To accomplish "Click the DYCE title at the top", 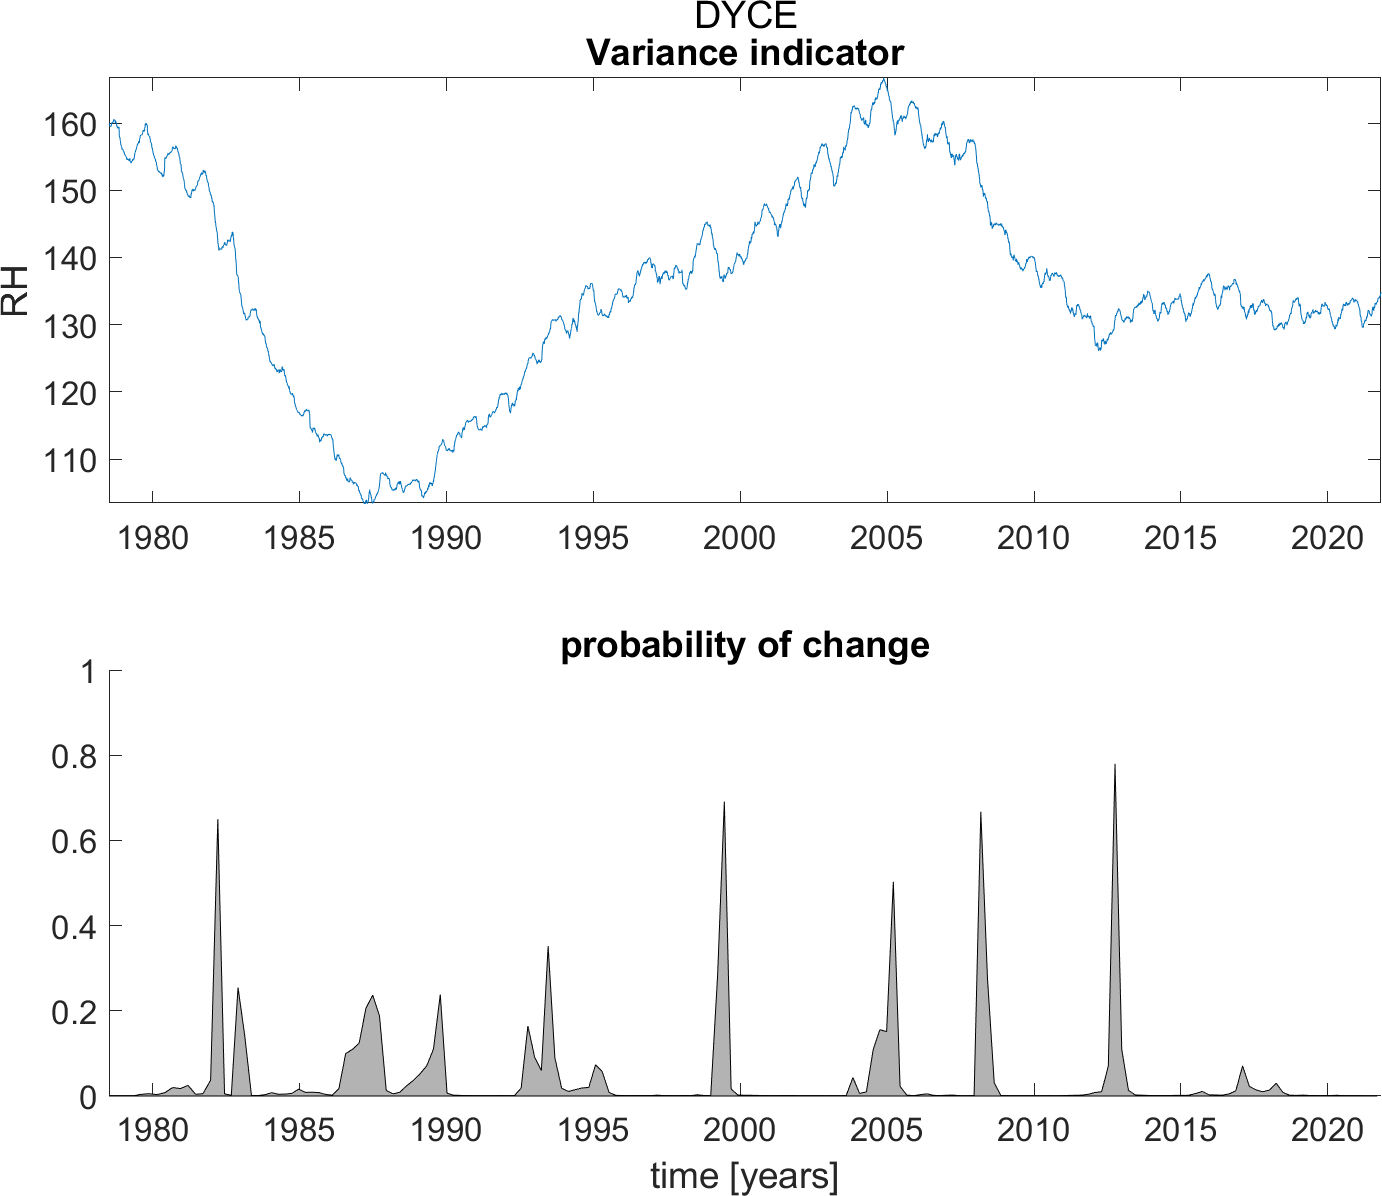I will click(745, 16).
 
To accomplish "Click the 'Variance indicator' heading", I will click(745, 52).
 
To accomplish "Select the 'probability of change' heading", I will click(745, 645).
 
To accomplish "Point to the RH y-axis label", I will click(16, 291).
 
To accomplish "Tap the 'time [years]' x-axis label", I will click(745, 1176).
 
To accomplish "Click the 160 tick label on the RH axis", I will click(69, 124).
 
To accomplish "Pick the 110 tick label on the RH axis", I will click(69, 460).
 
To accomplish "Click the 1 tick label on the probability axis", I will click(89, 672).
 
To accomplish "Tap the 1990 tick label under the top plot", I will click(446, 538).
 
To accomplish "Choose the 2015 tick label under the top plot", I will click(1180, 538).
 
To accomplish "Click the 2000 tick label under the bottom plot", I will click(739, 1130).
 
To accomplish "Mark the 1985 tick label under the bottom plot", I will click(299, 1130).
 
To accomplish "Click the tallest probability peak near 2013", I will click(1114, 766).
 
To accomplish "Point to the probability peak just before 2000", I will click(724, 803).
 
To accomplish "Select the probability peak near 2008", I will click(980, 813).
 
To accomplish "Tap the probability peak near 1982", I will click(218, 821).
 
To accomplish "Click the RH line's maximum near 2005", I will click(885, 79).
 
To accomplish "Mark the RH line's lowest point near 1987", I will click(368, 500).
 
